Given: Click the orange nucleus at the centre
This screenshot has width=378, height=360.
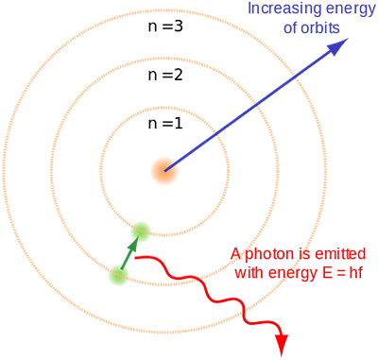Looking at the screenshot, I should pyautogui.click(x=164, y=171).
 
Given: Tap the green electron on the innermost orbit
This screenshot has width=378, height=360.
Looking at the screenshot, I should pyautogui.click(x=141, y=231).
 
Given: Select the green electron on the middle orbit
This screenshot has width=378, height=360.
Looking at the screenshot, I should pyautogui.click(x=119, y=276).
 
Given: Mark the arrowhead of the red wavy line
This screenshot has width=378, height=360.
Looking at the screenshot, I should pyautogui.click(x=281, y=350).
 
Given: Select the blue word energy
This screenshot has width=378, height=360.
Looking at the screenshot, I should pyautogui.click(x=340, y=9).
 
